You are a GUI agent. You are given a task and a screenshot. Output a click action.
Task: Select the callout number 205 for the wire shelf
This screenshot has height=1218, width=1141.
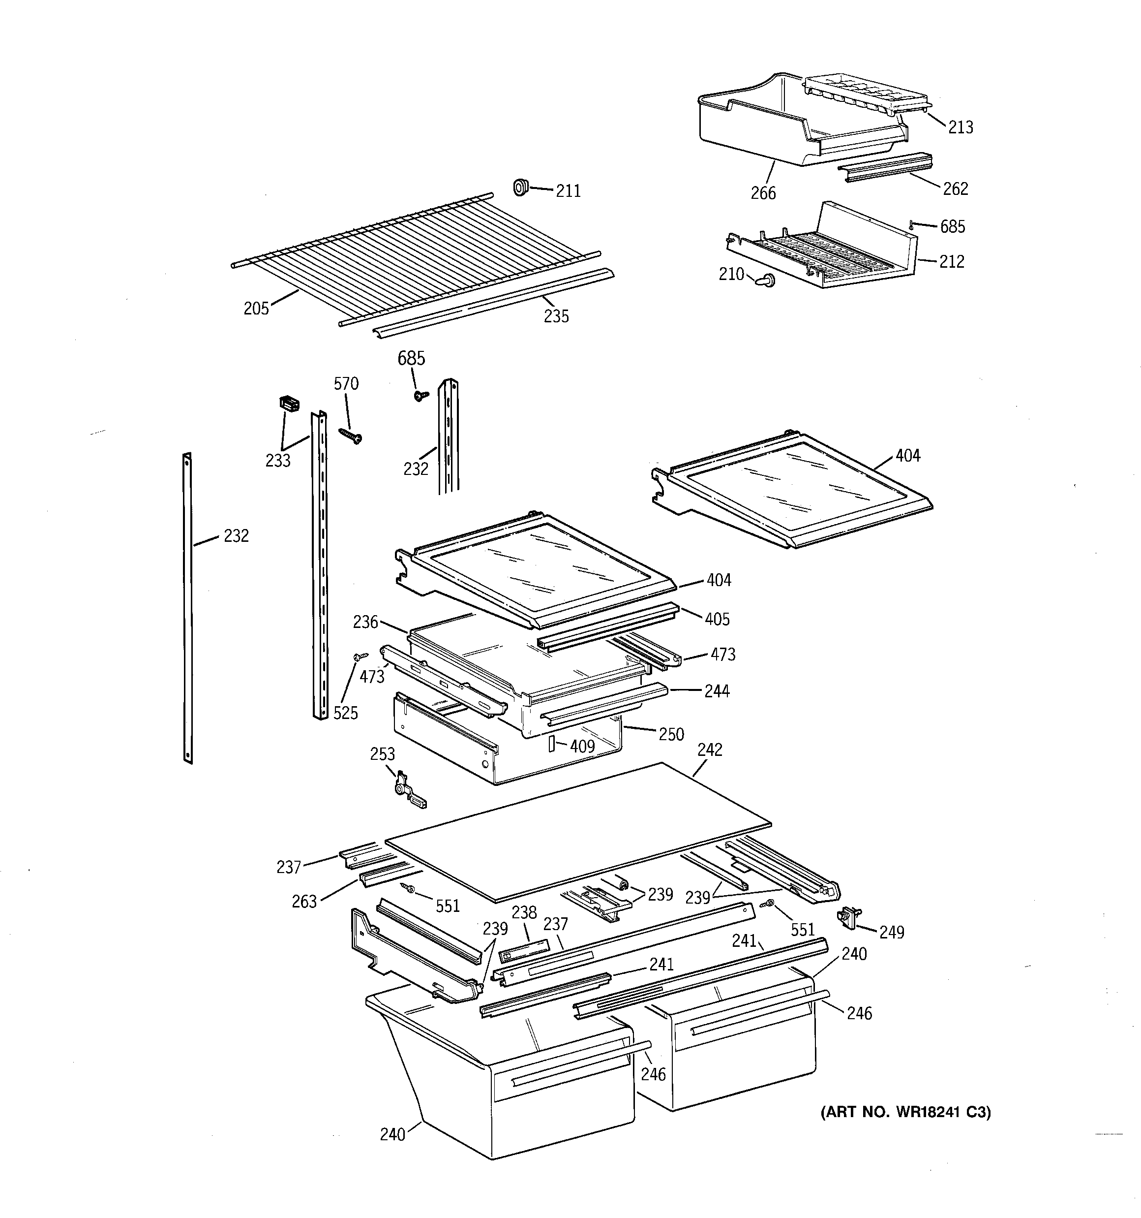(x=256, y=309)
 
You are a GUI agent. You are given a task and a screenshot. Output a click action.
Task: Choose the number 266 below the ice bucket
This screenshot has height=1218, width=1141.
(x=763, y=193)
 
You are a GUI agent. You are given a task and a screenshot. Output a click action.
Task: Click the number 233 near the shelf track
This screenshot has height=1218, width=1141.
(x=277, y=461)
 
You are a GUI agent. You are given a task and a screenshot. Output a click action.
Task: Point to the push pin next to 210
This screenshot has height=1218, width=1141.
(x=765, y=280)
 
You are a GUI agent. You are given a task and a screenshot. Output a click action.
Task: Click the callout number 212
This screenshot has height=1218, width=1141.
(x=951, y=262)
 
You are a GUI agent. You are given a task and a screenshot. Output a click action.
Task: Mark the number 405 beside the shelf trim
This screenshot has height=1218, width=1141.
(x=717, y=620)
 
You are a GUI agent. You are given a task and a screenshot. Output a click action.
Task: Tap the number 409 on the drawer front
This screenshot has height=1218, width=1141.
(x=582, y=746)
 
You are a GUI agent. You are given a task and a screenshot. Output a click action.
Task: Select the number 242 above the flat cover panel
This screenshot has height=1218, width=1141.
(x=709, y=750)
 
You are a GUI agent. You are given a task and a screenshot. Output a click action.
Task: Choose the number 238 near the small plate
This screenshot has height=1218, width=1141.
(x=524, y=912)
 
